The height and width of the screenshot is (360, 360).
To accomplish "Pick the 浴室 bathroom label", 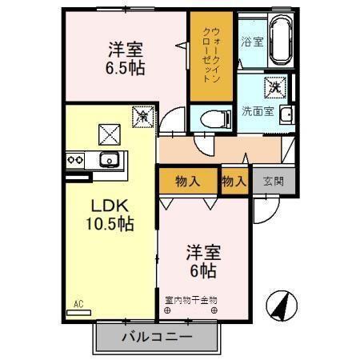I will [252, 41].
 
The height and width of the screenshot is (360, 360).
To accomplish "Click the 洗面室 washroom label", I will [257, 111].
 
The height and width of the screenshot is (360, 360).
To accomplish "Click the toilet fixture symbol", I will [212, 118].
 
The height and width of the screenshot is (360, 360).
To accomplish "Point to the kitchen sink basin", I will [107, 159].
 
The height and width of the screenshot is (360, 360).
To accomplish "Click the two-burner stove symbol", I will [76, 159].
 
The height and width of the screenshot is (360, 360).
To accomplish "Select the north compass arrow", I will [282, 306].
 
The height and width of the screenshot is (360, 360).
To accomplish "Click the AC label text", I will [78, 304].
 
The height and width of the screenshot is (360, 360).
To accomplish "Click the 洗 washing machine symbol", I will [275, 85].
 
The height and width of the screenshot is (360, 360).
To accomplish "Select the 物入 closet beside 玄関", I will [234, 182].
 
